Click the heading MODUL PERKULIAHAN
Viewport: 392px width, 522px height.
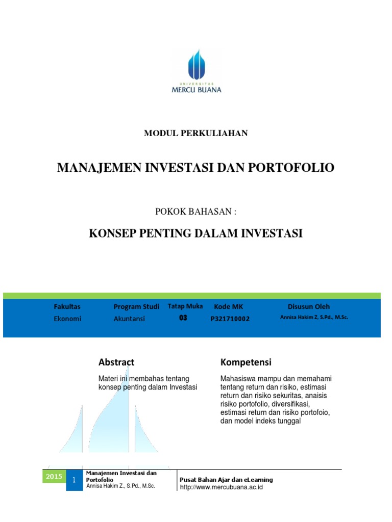click(x=196, y=133)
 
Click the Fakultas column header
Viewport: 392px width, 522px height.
click(x=67, y=306)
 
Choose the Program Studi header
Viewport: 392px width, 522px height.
click(x=136, y=306)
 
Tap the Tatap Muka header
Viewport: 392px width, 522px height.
click(x=185, y=306)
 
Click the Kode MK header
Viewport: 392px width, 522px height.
click(x=229, y=306)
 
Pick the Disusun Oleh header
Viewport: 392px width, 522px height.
click(x=309, y=306)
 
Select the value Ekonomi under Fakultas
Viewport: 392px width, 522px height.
click(x=67, y=319)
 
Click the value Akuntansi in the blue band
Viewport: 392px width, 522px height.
click(x=129, y=319)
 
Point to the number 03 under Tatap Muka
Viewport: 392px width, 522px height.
click(x=183, y=318)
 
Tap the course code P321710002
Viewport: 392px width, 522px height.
click(x=230, y=319)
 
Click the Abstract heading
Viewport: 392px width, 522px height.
click(x=116, y=362)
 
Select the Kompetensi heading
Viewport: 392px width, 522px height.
click(x=246, y=362)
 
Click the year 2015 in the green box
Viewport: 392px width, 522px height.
click(x=54, y=477)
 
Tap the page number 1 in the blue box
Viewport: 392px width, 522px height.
click(x=74, y=480)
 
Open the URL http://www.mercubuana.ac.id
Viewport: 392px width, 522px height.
click(x=221, y=487)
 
